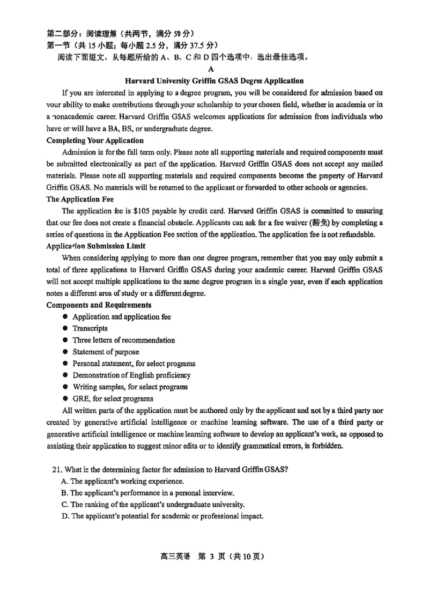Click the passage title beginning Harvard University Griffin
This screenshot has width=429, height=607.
pos(214,81)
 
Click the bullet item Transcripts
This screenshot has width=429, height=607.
pos(90,328)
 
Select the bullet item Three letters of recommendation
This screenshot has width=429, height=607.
pos(123,340)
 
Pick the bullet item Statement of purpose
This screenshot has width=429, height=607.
pos(106,352)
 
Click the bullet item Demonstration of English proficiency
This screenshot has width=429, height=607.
pos(131,375)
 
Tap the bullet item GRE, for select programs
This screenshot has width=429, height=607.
pos(113,398)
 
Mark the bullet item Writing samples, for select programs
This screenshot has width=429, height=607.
pos(130,387)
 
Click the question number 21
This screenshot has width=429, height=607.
pos(57,470)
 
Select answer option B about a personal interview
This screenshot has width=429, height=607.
pos(147,493)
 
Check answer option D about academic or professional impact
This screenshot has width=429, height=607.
pos(162,516)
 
